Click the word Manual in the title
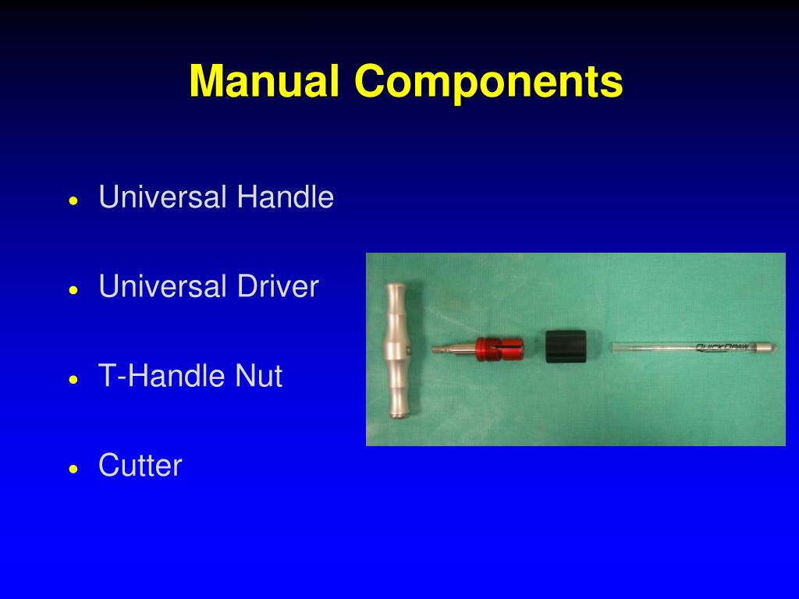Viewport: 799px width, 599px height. [264, 81]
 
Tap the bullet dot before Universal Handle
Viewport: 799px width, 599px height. [73, 200]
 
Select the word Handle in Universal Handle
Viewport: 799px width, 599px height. [285, 197]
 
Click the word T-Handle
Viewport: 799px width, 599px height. [162, 377]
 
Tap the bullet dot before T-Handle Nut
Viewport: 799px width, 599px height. [73, 380]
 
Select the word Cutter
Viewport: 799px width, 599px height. [140, 466]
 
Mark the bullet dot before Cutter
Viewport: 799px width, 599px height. [73, 470]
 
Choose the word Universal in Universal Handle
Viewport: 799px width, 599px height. [163, 197]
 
